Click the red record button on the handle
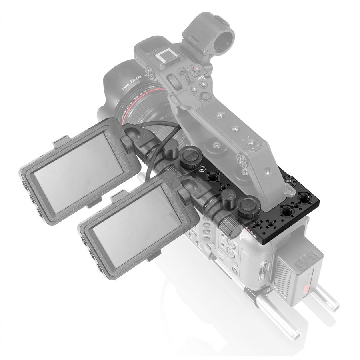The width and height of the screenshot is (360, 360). click(197, 69)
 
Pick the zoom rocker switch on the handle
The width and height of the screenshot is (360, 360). click(174, 82)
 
